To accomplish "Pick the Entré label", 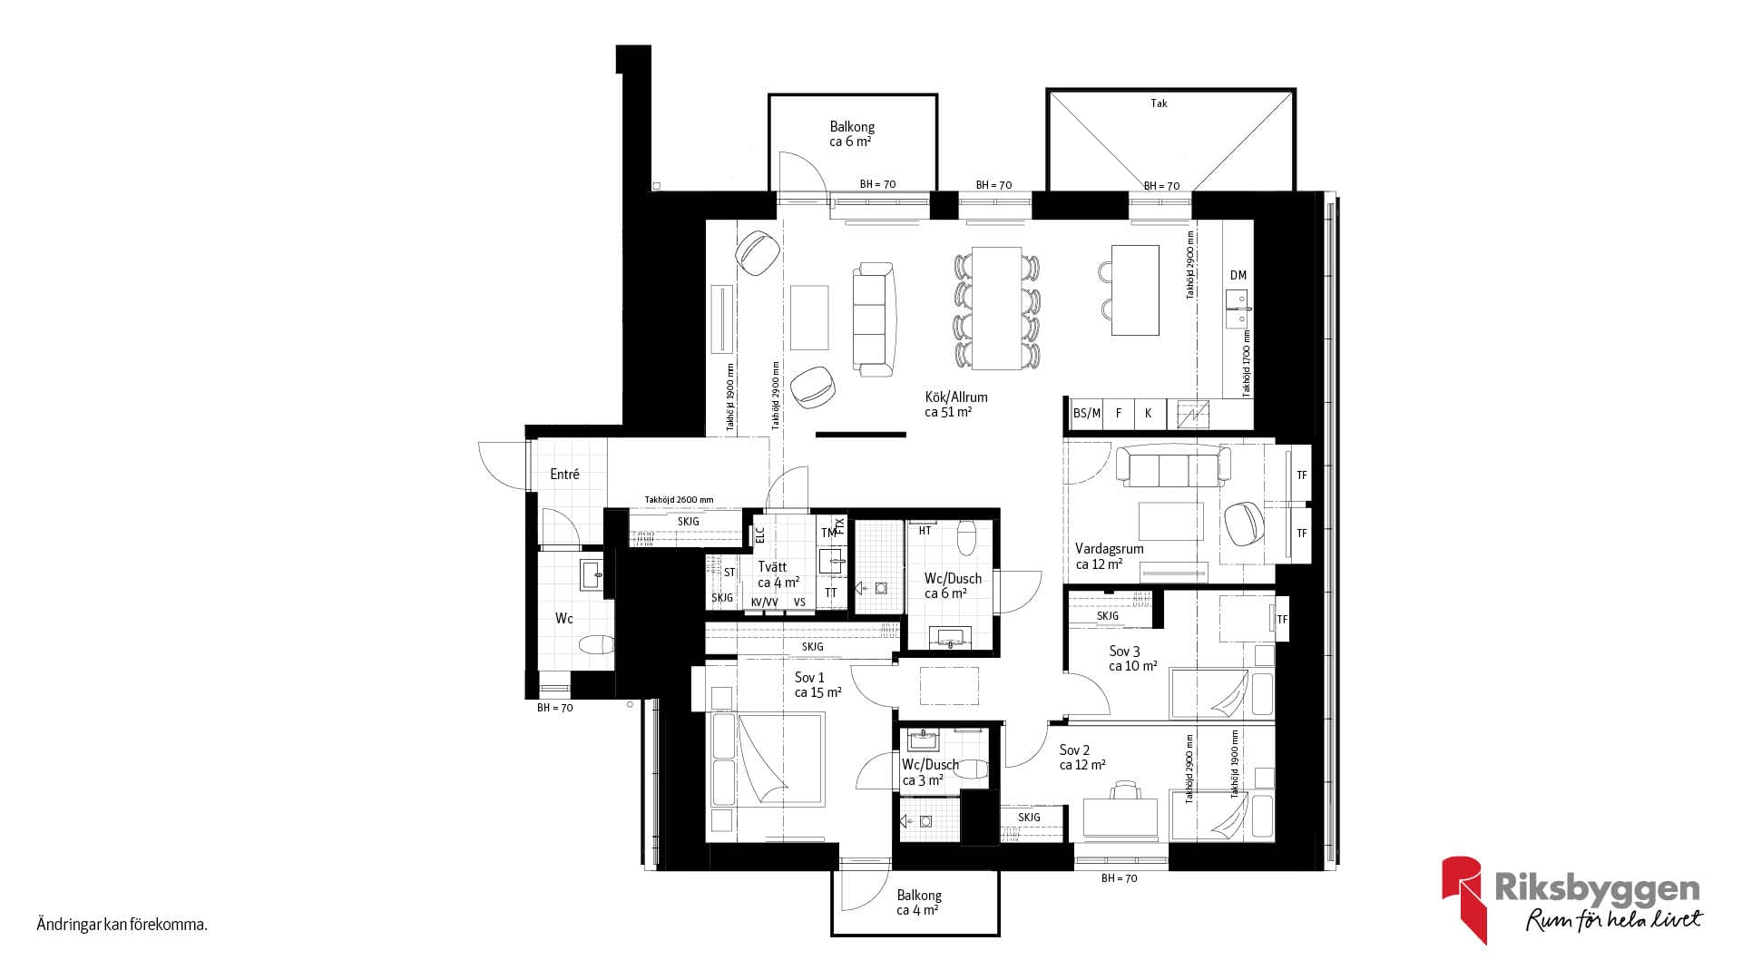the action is [564, 474].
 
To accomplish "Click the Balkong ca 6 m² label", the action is [852, 134].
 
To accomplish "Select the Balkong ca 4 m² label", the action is [918, 903].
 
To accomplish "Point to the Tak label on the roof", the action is [1159, 103].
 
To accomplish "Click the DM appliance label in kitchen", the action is [1238, 275].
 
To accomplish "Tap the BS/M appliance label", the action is [1087, 413].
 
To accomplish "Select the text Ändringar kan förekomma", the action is [122, 926].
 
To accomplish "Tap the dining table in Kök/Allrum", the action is [996, 308].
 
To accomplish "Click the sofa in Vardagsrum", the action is [1173, 465].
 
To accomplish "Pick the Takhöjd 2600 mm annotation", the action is [679, 500].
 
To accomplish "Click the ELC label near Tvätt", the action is [760, 534].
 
